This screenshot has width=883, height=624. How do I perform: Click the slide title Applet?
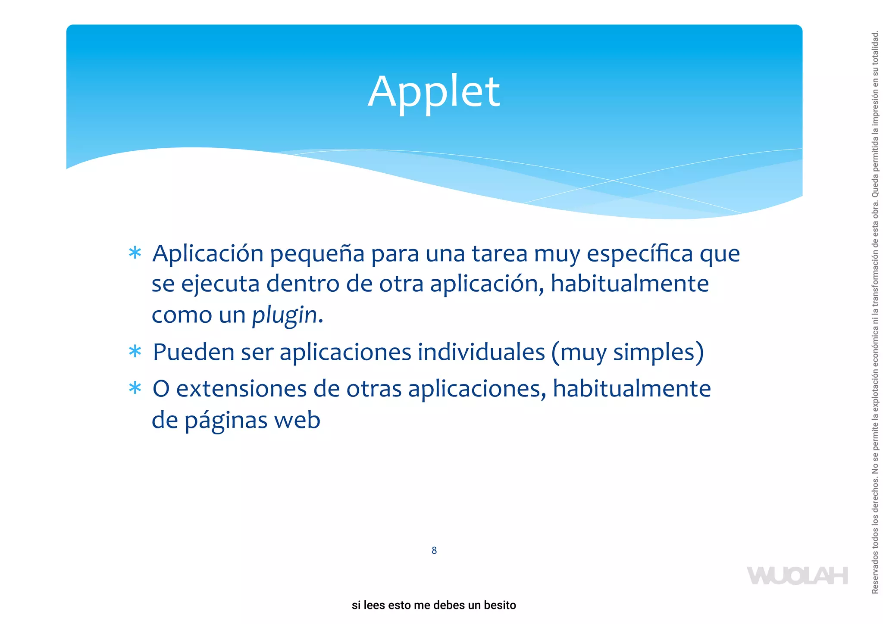[x=434, y=92]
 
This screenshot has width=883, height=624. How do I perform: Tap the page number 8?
[x=434, y=550]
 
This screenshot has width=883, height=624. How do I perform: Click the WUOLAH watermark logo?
[x=797, y=576]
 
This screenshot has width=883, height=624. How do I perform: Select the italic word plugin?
[x=285, y=315]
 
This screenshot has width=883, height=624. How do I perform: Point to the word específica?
[x=640, y=253]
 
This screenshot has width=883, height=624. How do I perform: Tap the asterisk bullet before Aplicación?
[x=135, y=253]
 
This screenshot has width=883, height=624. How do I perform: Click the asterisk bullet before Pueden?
[x=135, y=352]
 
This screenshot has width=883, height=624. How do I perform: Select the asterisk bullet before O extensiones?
[x=135, y=388]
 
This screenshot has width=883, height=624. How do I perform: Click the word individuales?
[x=481, y=352]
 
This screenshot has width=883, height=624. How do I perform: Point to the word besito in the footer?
[x=500, y=605]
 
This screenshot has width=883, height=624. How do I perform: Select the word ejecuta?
[x=220, y=284]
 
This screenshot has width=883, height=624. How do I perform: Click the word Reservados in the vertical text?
[x=875, y=575]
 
